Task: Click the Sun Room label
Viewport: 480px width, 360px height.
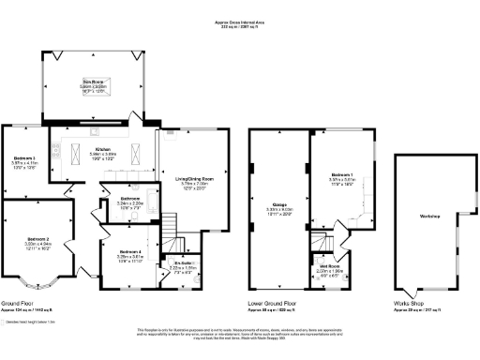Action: click(91, 82)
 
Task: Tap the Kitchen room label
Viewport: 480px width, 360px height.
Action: click(104, 149)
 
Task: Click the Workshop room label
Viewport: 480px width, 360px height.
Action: click(430, 217)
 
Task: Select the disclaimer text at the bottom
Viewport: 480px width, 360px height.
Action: click(240, 332)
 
